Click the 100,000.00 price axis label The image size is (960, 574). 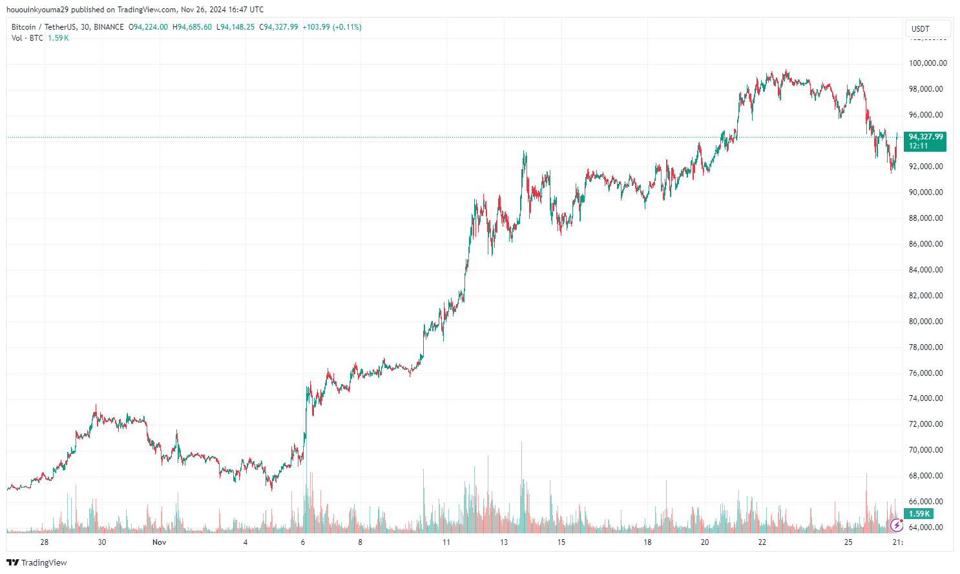(x=928, y=63)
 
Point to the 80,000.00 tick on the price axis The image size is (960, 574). (x=926, y=322)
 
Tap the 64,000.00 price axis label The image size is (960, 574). (x=926, y=528)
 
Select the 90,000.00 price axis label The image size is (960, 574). (x=926, y=192)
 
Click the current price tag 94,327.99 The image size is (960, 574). (x=926, y=137)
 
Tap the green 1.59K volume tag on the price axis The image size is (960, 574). (x=919, y=514)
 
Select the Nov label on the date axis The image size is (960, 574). (x=160, y=542)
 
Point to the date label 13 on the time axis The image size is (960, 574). (x=504, y=542)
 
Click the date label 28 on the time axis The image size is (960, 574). (x=45, y=542)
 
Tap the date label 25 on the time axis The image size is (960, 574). (x=848, y=542)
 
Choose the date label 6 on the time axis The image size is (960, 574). (x=303, y=542)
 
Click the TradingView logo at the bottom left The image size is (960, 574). (x=37, y=563)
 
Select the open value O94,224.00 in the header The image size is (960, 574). (x=149, y=27)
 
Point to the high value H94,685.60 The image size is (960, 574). (x=192, y=27)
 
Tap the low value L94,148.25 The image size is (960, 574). (x=235, y=27)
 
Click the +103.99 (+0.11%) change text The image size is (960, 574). (x=332, y=27)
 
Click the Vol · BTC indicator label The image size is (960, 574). (x=27, y=38)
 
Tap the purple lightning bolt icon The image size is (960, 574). (x=896, y=526)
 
